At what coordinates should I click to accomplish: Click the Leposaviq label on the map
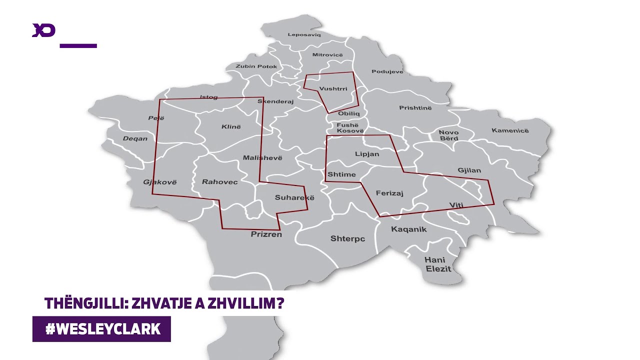coord(304,34)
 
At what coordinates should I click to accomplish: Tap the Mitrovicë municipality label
coord(327,54)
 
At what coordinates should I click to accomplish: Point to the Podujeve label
coord(387,72)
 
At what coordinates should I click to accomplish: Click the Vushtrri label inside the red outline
coord(333,89)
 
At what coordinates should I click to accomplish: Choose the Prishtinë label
coord(415,108)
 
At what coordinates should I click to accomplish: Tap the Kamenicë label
coord(509,131)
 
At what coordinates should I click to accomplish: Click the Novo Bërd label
coord(448,135)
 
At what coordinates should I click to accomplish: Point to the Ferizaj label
coord(389,193)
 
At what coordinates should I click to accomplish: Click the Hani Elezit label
coord(437,264)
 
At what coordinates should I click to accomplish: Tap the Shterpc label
coord(347,239)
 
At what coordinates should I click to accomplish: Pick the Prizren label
coord(266,234)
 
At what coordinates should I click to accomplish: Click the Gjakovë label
coord(160,182)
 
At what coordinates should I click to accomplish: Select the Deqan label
coord(135,138)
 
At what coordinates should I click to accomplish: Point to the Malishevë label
coord(262,158)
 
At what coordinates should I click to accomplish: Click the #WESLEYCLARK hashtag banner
coord(102,329)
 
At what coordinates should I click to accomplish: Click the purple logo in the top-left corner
coord(43,30)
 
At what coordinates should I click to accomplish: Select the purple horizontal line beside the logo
coord(78,45)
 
